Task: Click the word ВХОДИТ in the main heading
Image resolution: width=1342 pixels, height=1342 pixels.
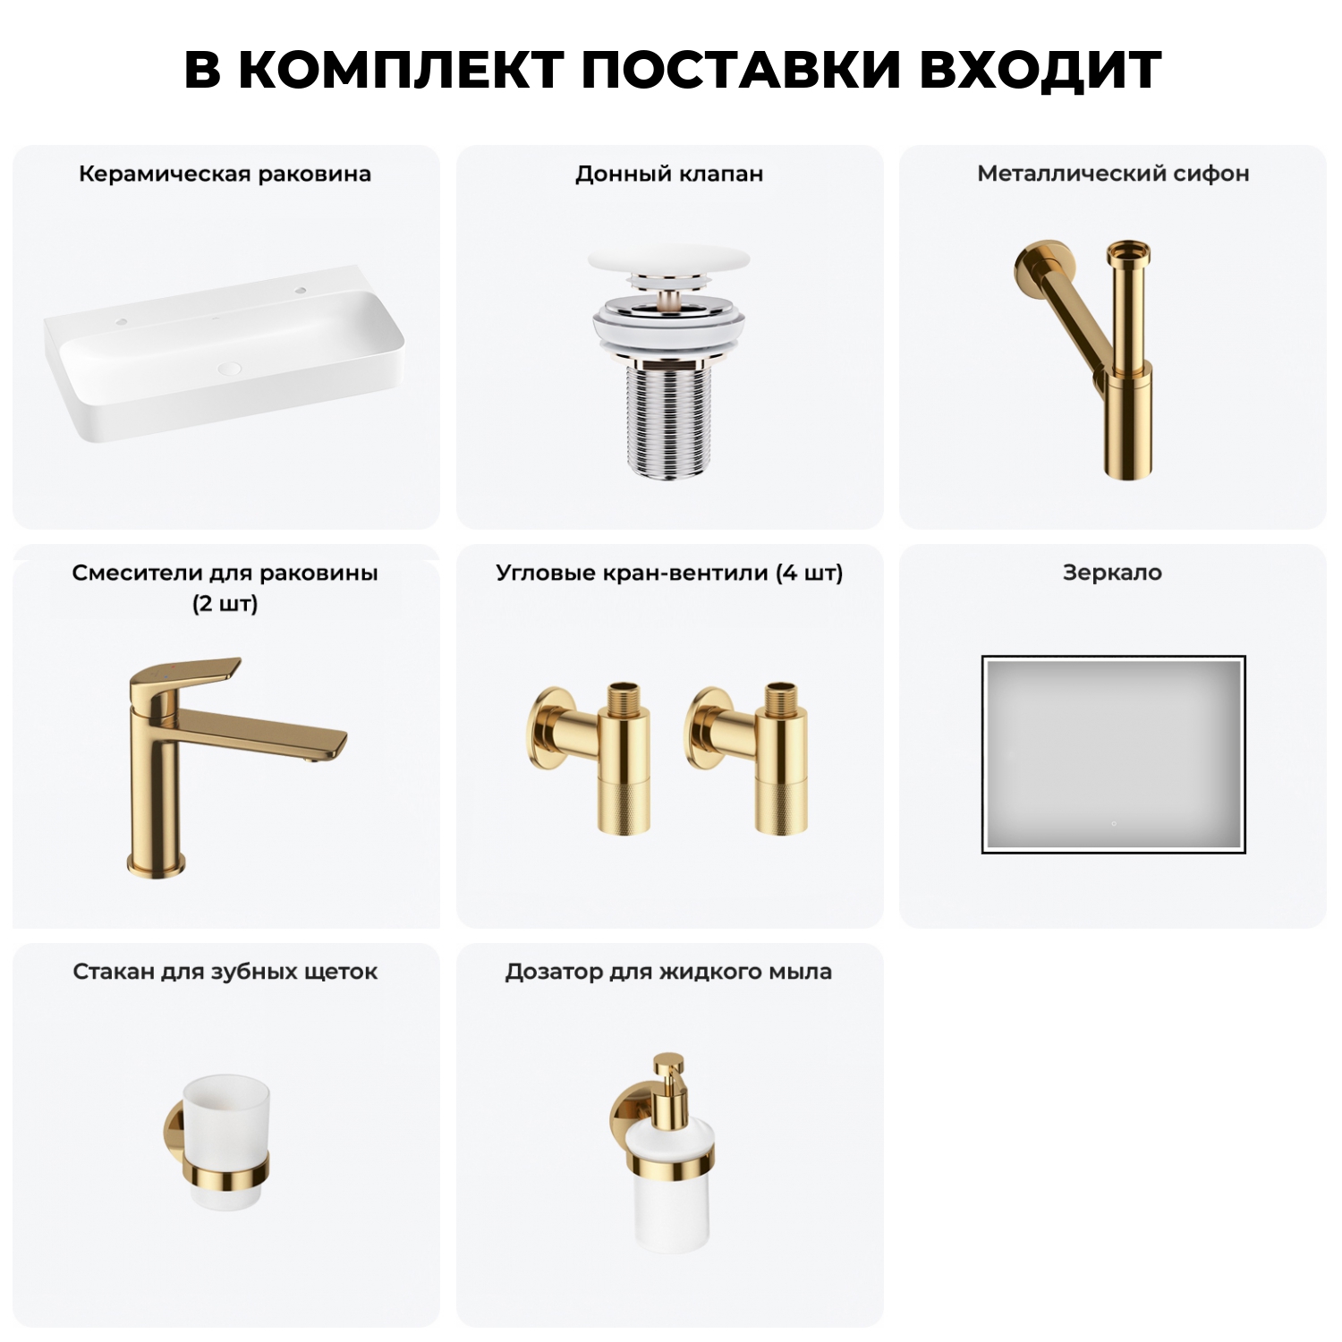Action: pos(1040,70)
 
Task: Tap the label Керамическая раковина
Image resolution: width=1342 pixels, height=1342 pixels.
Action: pos(225,174)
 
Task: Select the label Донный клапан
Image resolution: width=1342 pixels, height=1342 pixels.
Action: pos(669,174)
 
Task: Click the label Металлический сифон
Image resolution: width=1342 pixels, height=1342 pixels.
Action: pos(1113,174)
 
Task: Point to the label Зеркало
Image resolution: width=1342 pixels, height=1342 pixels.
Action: pos(1112,573)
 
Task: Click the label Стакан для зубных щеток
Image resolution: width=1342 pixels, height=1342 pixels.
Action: pos(225,972)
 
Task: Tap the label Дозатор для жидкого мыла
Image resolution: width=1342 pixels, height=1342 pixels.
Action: pos(668,972)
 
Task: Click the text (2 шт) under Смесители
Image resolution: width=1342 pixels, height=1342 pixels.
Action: pos(225,604)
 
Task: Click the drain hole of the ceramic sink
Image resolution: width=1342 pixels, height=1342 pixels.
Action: pos(230,368)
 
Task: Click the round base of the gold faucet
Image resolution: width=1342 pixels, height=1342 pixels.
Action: pos(157,864)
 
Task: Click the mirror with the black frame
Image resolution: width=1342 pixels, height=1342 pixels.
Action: pos(1113,754)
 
